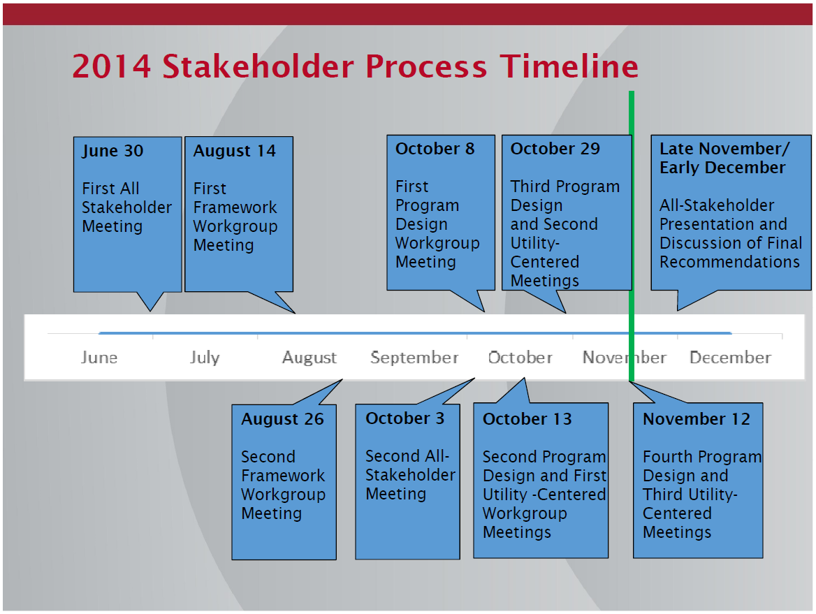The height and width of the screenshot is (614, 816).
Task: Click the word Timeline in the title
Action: tap(569, 66)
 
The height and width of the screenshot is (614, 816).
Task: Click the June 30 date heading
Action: tap(112, 151)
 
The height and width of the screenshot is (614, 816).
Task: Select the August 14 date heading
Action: tap(235, 151)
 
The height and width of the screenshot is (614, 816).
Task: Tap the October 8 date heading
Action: tap(435, 149)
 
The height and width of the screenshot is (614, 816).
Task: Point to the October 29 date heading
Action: tap(555, 149)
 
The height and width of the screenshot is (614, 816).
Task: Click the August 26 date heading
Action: tap(282, 419)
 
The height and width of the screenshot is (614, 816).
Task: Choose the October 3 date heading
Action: tap(405, 418)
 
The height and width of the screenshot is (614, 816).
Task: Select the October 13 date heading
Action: tap(527, 419)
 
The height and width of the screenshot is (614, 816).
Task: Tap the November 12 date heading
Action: tap(697, 419)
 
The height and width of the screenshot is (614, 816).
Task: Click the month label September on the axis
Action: tap(415, 358)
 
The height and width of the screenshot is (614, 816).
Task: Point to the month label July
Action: tap(205, 358)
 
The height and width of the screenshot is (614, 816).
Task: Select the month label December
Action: tap(731, 358)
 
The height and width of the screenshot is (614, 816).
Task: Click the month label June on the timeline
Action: tap(99, 358)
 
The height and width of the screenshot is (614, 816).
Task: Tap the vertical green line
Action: tap(632, 237)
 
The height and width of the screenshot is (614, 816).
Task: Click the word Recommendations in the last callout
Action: tap(729, 262)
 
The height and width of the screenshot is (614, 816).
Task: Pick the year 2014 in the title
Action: tap(112, 66)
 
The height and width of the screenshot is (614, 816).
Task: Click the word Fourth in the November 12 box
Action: tap(667, 457)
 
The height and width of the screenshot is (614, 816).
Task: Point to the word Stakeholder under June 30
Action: tap(127, 207)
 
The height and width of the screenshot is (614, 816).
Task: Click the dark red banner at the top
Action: tap(407, 14)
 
